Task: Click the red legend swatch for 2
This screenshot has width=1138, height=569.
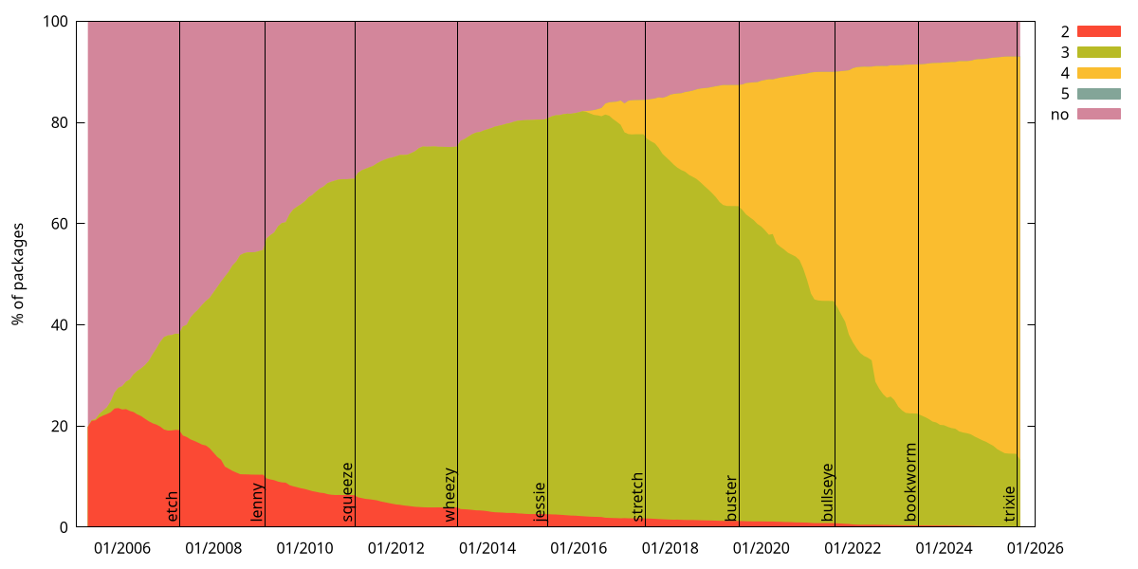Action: [1098, 31]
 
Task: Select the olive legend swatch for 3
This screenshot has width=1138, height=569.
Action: [1098, 52]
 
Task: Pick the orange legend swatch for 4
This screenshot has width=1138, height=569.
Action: [1098, 73]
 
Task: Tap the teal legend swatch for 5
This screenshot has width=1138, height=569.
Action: [1098, 94]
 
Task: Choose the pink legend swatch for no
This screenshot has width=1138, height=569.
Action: [1098, 115]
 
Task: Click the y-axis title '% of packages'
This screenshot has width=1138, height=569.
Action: [18, 274]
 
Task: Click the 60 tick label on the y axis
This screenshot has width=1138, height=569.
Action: [58, 224]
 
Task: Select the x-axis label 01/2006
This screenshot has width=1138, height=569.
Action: [121, 548]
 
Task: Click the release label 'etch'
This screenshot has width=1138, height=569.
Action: [172, 505]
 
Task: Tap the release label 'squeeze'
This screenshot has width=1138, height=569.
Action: [347, 492]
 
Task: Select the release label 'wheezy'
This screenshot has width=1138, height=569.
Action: [450, 495]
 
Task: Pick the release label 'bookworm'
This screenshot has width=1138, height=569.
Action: [910, 482]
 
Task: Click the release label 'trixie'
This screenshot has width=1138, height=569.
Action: [1009, 504]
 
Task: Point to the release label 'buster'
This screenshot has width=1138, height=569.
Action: [731, 498]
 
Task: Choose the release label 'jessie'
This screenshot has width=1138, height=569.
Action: [540, 502]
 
